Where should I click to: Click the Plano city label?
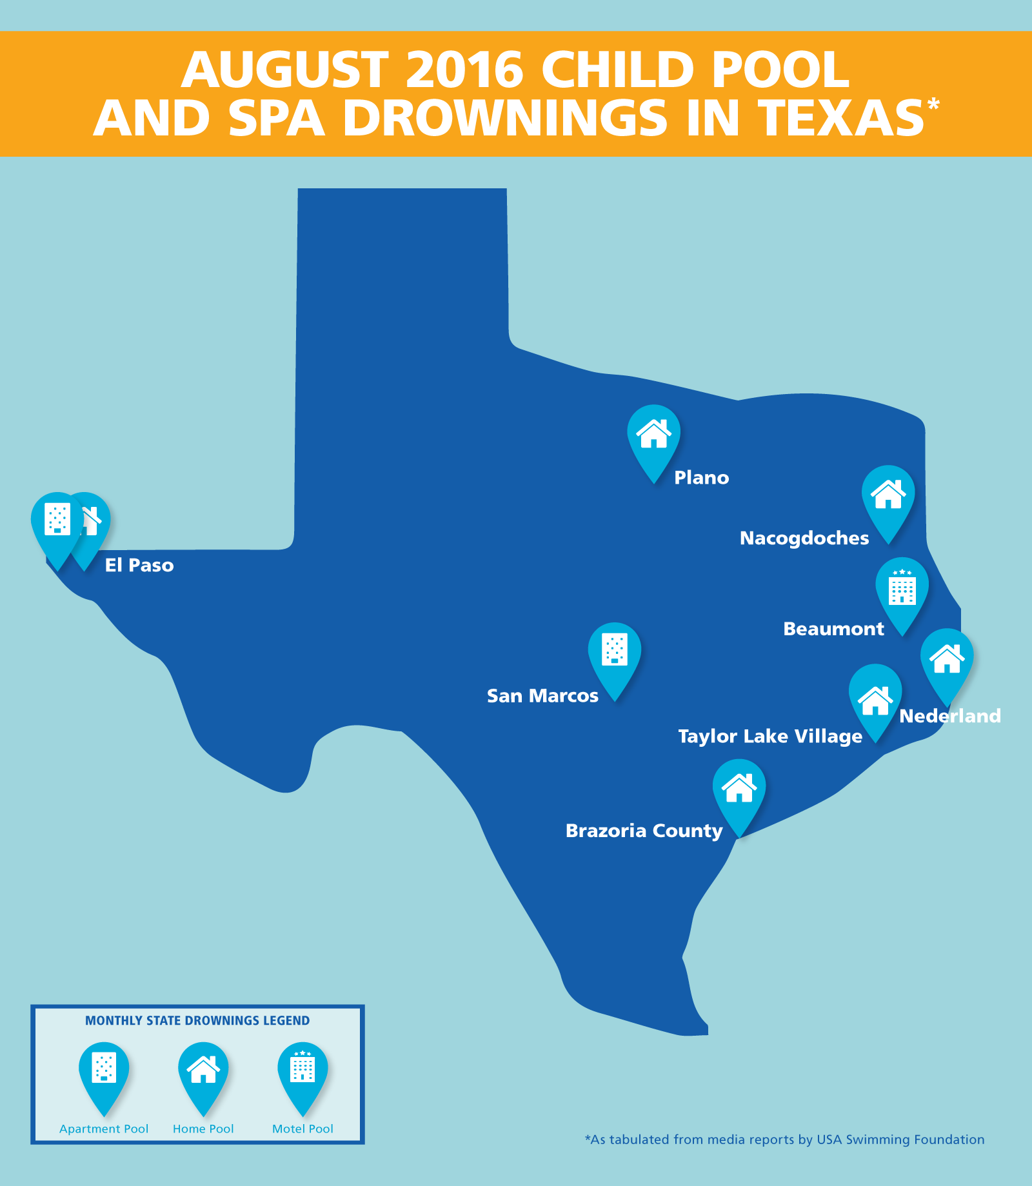[701, 478]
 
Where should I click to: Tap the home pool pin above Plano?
[653, 435]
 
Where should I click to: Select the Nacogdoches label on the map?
[804, 539]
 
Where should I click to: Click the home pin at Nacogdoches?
[888, 495]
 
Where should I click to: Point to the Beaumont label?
[833, 629]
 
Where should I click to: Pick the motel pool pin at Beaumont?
[902, 588]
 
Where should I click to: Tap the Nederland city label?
[949, 716]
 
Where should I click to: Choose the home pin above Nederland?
[946, 659]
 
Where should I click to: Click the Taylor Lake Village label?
[769, 736]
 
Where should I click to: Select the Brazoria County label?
[644, 831]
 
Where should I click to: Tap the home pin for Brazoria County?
[739, 789]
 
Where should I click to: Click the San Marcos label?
[542, 696]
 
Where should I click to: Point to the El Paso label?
[139, 566]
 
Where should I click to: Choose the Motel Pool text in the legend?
[303, 1129]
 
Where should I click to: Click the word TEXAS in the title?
[840, 119]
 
